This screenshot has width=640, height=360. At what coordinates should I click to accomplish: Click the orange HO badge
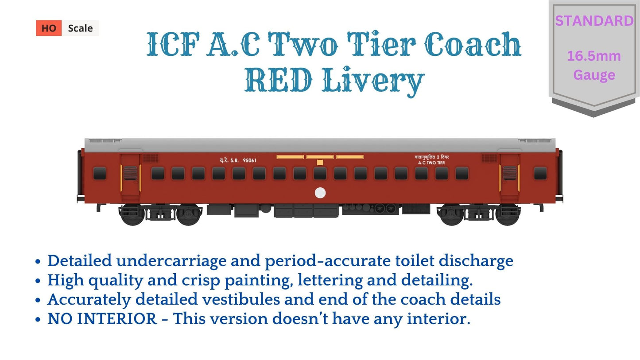point(49,28)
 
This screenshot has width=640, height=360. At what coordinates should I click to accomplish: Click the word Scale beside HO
point(80,28)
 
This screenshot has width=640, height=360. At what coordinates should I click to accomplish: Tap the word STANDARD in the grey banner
point(594,21)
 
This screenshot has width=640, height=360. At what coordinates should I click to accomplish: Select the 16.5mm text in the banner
point(594,56)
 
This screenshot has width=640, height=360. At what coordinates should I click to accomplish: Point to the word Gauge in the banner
point(594,75)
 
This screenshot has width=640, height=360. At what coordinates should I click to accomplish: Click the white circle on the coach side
point(320,193)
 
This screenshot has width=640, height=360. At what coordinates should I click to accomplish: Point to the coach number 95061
point(250,160)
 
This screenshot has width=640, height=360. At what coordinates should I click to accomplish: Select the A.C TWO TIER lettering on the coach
point(431,163)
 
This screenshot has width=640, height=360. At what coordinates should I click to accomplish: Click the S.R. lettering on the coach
point(234,160)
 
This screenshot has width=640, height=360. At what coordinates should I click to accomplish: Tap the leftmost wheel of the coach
point(132,215)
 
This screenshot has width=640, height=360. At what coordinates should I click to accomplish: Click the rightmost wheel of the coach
point(508,215)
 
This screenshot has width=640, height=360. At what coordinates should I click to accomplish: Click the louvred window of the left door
point(130,173)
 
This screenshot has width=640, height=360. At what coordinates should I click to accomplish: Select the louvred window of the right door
point(509,173)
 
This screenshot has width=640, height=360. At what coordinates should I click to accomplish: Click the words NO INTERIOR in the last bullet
point(102,319)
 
